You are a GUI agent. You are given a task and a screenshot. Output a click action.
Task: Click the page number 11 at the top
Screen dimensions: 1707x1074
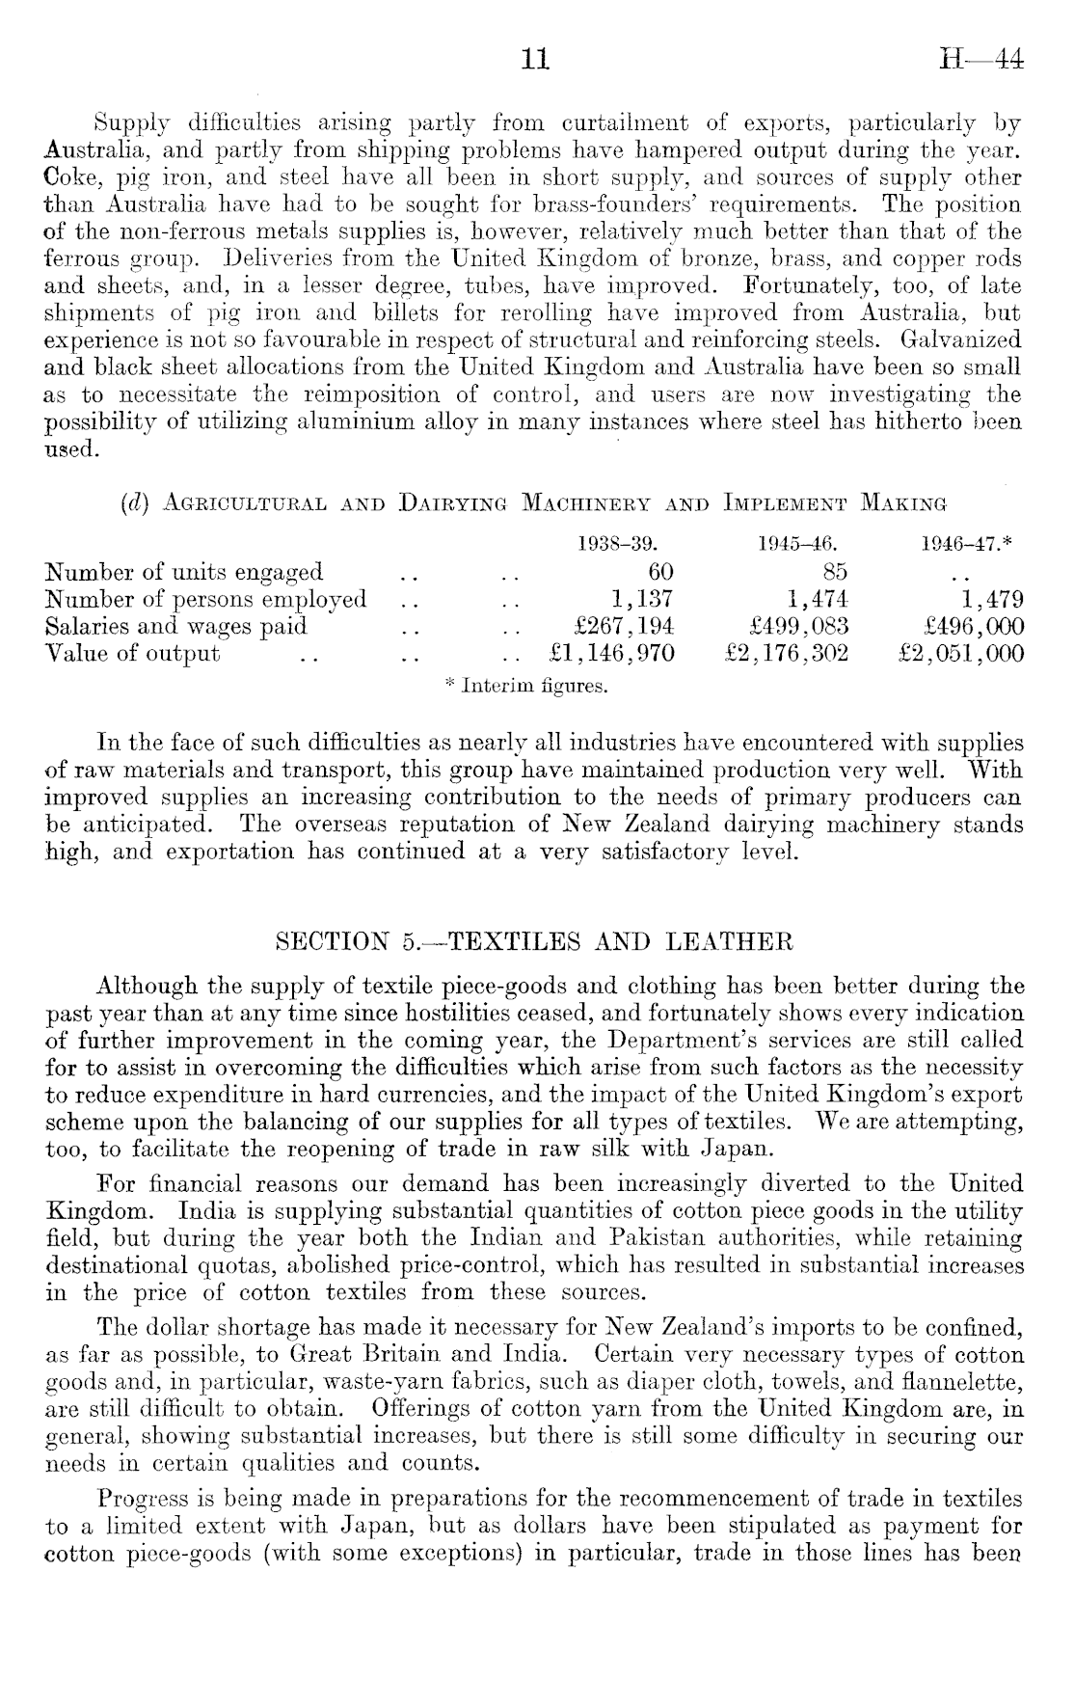point(535,60)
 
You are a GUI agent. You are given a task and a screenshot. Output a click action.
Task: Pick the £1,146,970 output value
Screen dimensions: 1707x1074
point(609,653)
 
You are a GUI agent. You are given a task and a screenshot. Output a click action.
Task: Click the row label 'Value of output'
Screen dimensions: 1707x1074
point(133,653)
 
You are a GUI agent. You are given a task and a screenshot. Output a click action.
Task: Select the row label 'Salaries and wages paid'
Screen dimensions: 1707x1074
point(176,626)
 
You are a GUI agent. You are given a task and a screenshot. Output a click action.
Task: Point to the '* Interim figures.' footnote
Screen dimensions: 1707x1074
point(526,687)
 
